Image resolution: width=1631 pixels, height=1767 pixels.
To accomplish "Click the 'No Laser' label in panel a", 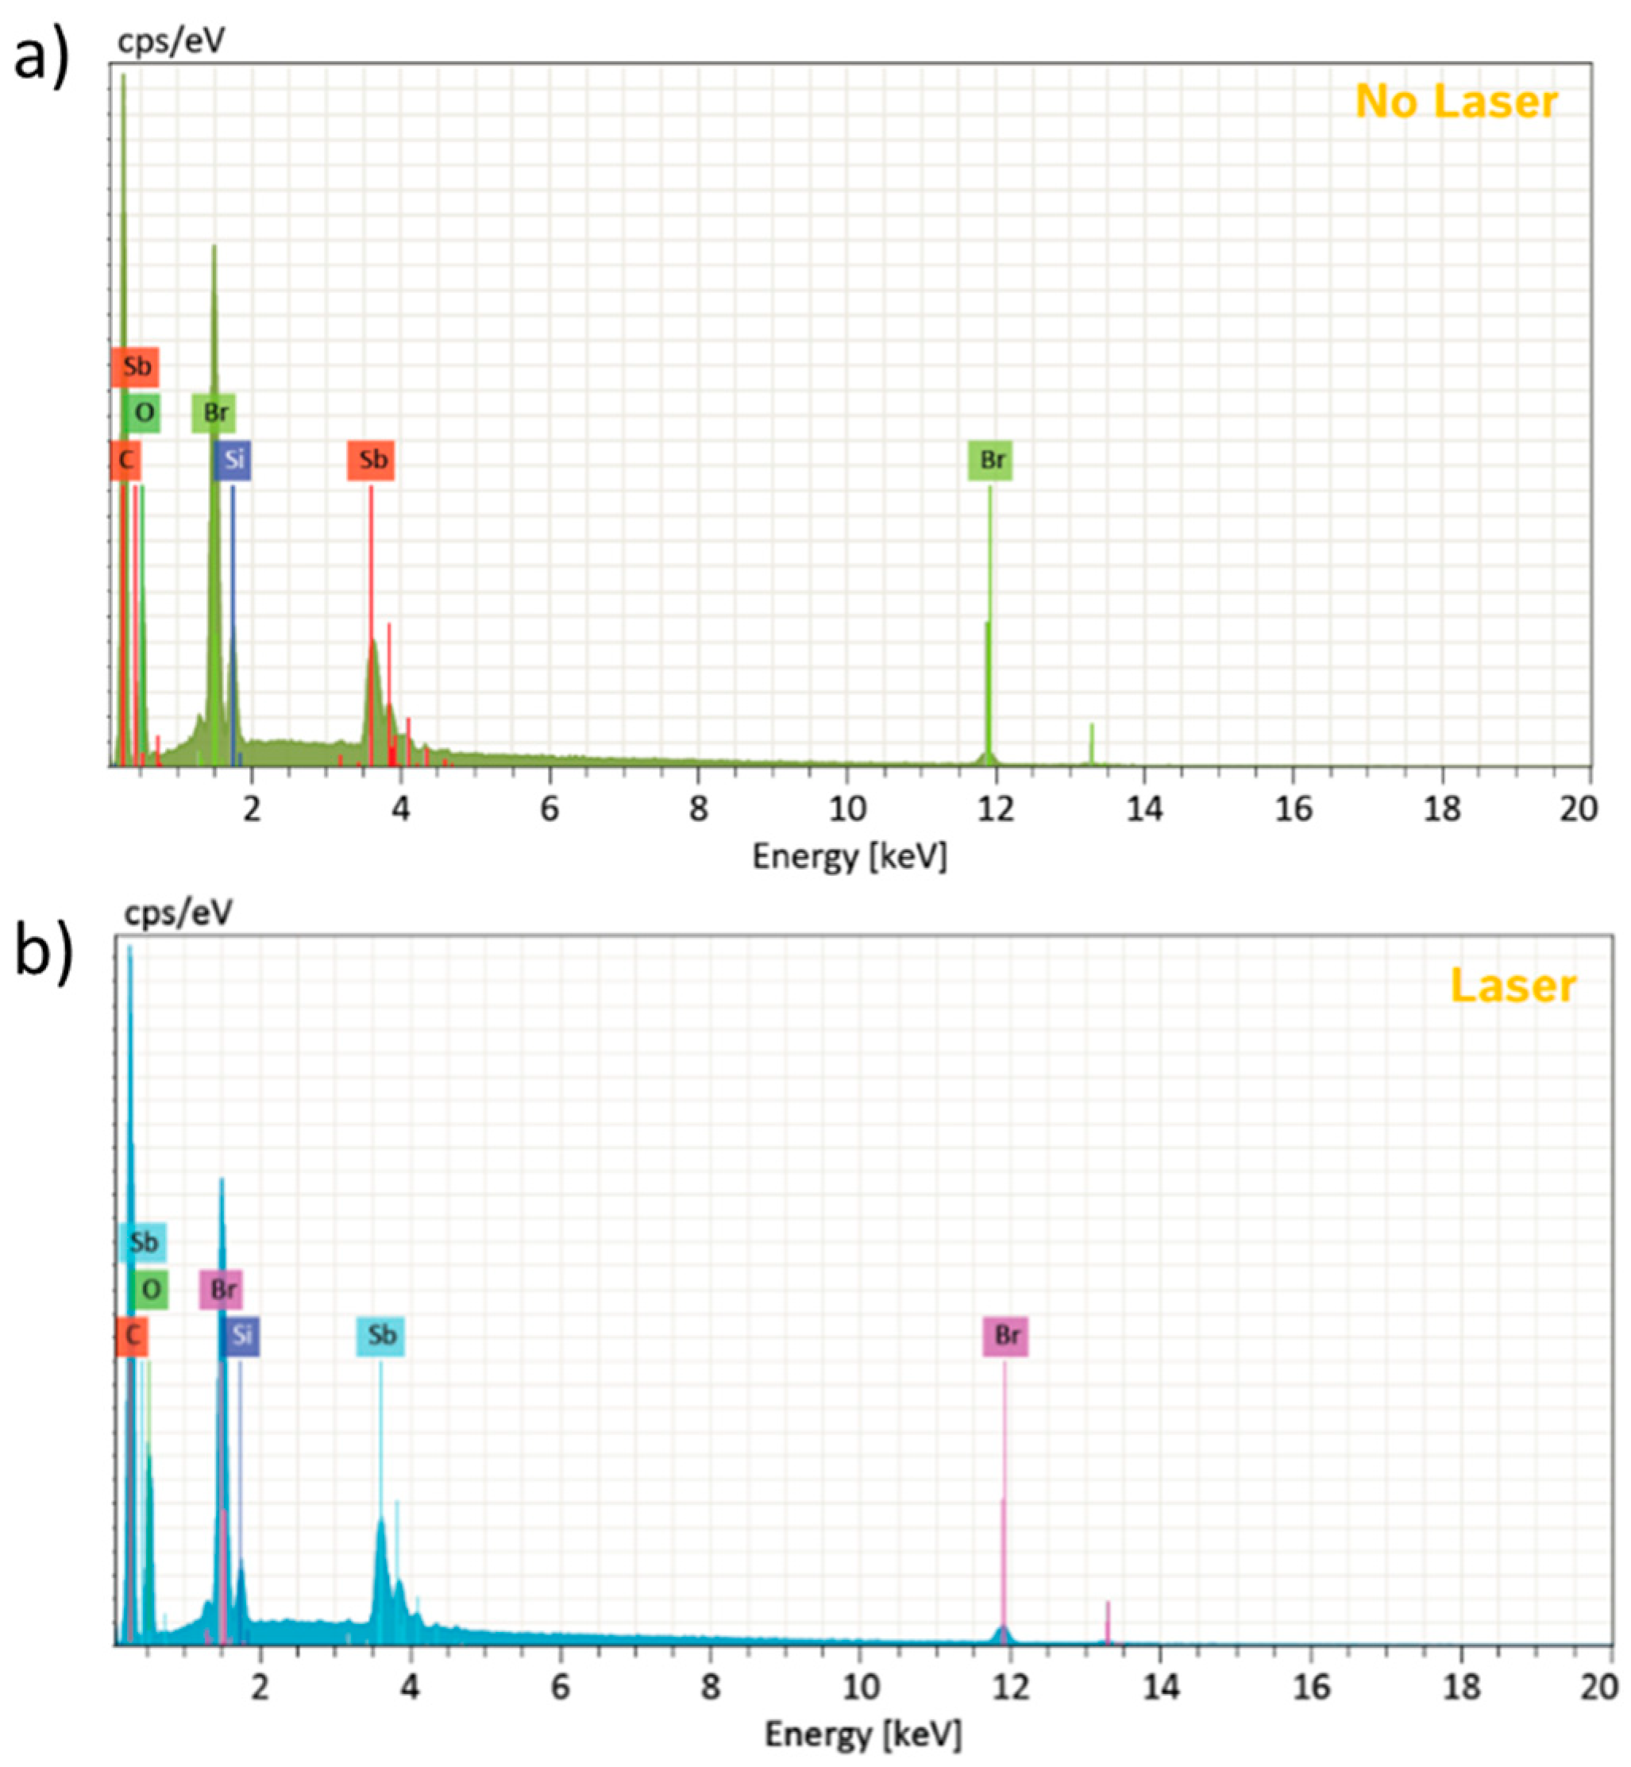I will point(1456,102).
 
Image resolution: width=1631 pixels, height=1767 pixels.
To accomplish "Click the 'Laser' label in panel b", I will point(1513,986).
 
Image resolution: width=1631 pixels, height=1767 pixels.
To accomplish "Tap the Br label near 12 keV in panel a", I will point(990,460).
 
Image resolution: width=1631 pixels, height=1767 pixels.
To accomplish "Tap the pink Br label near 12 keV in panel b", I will point(1006,1336).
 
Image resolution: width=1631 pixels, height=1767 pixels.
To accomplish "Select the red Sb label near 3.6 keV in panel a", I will point(371,460).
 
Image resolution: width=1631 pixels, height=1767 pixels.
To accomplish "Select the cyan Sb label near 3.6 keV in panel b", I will point(380,1336).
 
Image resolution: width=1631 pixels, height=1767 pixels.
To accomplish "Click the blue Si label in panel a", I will point(233,460).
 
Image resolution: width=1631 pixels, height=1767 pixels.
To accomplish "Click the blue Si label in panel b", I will point(240,1337).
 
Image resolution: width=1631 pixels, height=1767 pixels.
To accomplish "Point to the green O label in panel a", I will point(142,412).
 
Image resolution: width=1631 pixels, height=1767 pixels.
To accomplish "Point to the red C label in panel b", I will point(133,1336).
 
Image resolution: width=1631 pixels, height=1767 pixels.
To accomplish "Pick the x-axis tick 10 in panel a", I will point(847,808).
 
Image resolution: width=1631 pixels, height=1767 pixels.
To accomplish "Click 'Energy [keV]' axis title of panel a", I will point(849,856).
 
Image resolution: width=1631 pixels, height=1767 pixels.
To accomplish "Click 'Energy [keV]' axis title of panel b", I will point(862,1734).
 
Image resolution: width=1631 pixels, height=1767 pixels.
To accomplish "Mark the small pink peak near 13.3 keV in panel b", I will point(1108,1622).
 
